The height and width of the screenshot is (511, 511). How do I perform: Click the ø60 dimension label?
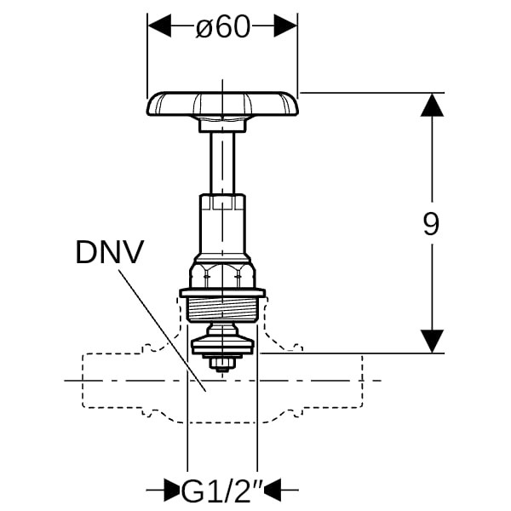click(x=223, y=26)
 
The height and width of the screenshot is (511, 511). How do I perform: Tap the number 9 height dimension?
click(x=431, y=223)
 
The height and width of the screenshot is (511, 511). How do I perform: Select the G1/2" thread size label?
click(x=222, y=490)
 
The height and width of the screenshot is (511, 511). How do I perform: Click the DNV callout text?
click(x=110, y=252)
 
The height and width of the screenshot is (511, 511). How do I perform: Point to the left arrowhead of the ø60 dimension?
click(x=159, y=26)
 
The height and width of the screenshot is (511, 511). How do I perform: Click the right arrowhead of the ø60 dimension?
click(x=285, y=26)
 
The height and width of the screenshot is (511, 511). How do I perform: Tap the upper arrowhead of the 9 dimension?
click(x=432, y=105)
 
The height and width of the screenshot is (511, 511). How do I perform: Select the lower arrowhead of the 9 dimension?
click(x=432, y=341)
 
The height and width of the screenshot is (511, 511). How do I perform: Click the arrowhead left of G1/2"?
click(x=172, y=490)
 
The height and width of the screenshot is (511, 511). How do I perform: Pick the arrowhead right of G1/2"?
click(x=273, y=490)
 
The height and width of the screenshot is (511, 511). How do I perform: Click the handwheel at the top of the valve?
click(x=222, y=104)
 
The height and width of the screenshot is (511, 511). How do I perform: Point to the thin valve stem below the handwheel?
click(x=222, y=163)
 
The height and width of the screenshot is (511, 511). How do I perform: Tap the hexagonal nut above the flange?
click(x=222, y=275)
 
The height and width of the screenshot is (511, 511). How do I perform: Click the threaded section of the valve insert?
click(x=222, y=310)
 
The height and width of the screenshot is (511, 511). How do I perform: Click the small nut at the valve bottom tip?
click(x=222, y=364)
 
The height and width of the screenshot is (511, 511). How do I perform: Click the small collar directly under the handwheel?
click(x=222, y=125)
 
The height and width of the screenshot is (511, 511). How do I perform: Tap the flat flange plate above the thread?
click(x=222, y=293)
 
